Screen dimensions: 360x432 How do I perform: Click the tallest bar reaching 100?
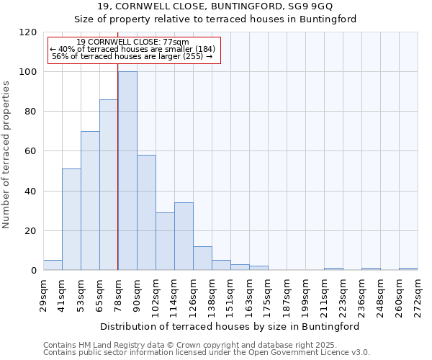(127, 171)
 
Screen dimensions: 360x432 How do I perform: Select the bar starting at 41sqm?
(71, 220)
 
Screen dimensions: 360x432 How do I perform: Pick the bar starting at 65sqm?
(109, 185)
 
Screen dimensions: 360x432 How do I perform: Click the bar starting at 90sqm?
(146, 212)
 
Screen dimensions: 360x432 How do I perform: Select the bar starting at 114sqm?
(184, 236)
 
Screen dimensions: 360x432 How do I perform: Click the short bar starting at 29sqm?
(53, 265)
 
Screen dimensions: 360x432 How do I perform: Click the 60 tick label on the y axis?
(31, 152)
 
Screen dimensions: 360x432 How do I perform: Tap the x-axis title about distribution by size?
(229, 326)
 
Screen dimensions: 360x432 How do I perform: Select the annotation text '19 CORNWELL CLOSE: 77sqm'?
(132, 42)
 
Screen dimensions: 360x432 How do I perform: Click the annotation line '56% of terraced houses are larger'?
(132, 56)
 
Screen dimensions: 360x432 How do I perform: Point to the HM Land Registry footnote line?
(205, 345)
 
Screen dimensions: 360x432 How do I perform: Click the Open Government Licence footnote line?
(206, 353)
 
